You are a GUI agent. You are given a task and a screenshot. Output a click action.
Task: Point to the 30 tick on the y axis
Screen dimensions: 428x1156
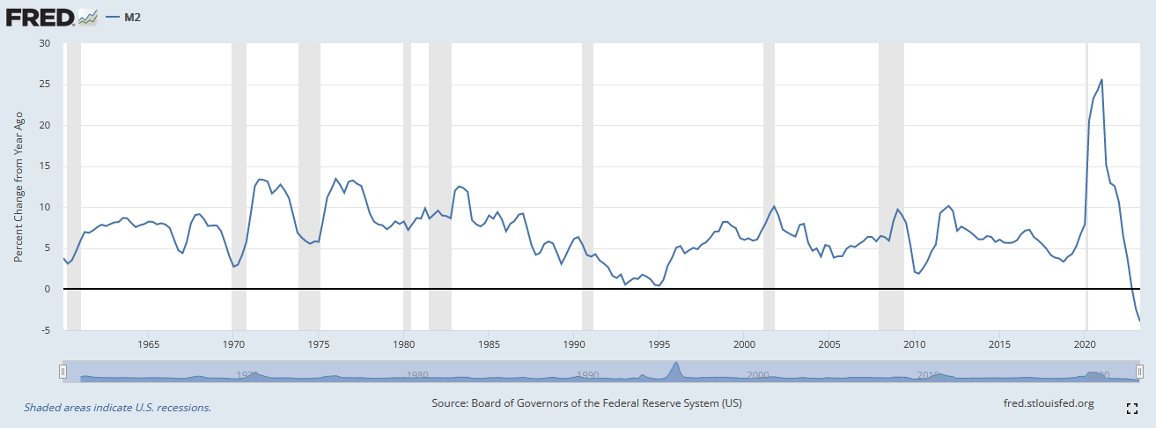tap(45, 44)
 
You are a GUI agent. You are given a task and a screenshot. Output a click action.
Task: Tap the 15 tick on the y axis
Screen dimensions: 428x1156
tap(45, 166)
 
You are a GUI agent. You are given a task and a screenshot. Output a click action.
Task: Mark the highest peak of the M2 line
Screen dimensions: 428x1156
tap(1102, 80)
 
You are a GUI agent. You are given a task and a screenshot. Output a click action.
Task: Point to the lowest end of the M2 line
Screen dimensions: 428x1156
tap(1140, 321)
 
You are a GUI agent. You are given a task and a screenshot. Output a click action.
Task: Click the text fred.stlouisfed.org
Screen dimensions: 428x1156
tap(1049, 404)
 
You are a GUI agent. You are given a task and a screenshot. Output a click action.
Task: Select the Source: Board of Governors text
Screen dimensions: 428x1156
tap(586, 404)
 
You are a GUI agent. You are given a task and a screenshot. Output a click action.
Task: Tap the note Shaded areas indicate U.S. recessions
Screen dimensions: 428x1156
tap(117, 408)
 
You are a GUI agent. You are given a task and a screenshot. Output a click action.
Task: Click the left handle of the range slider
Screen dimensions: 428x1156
tap(63, 373)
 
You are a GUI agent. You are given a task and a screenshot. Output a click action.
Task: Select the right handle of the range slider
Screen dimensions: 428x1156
tap(1139, 373)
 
